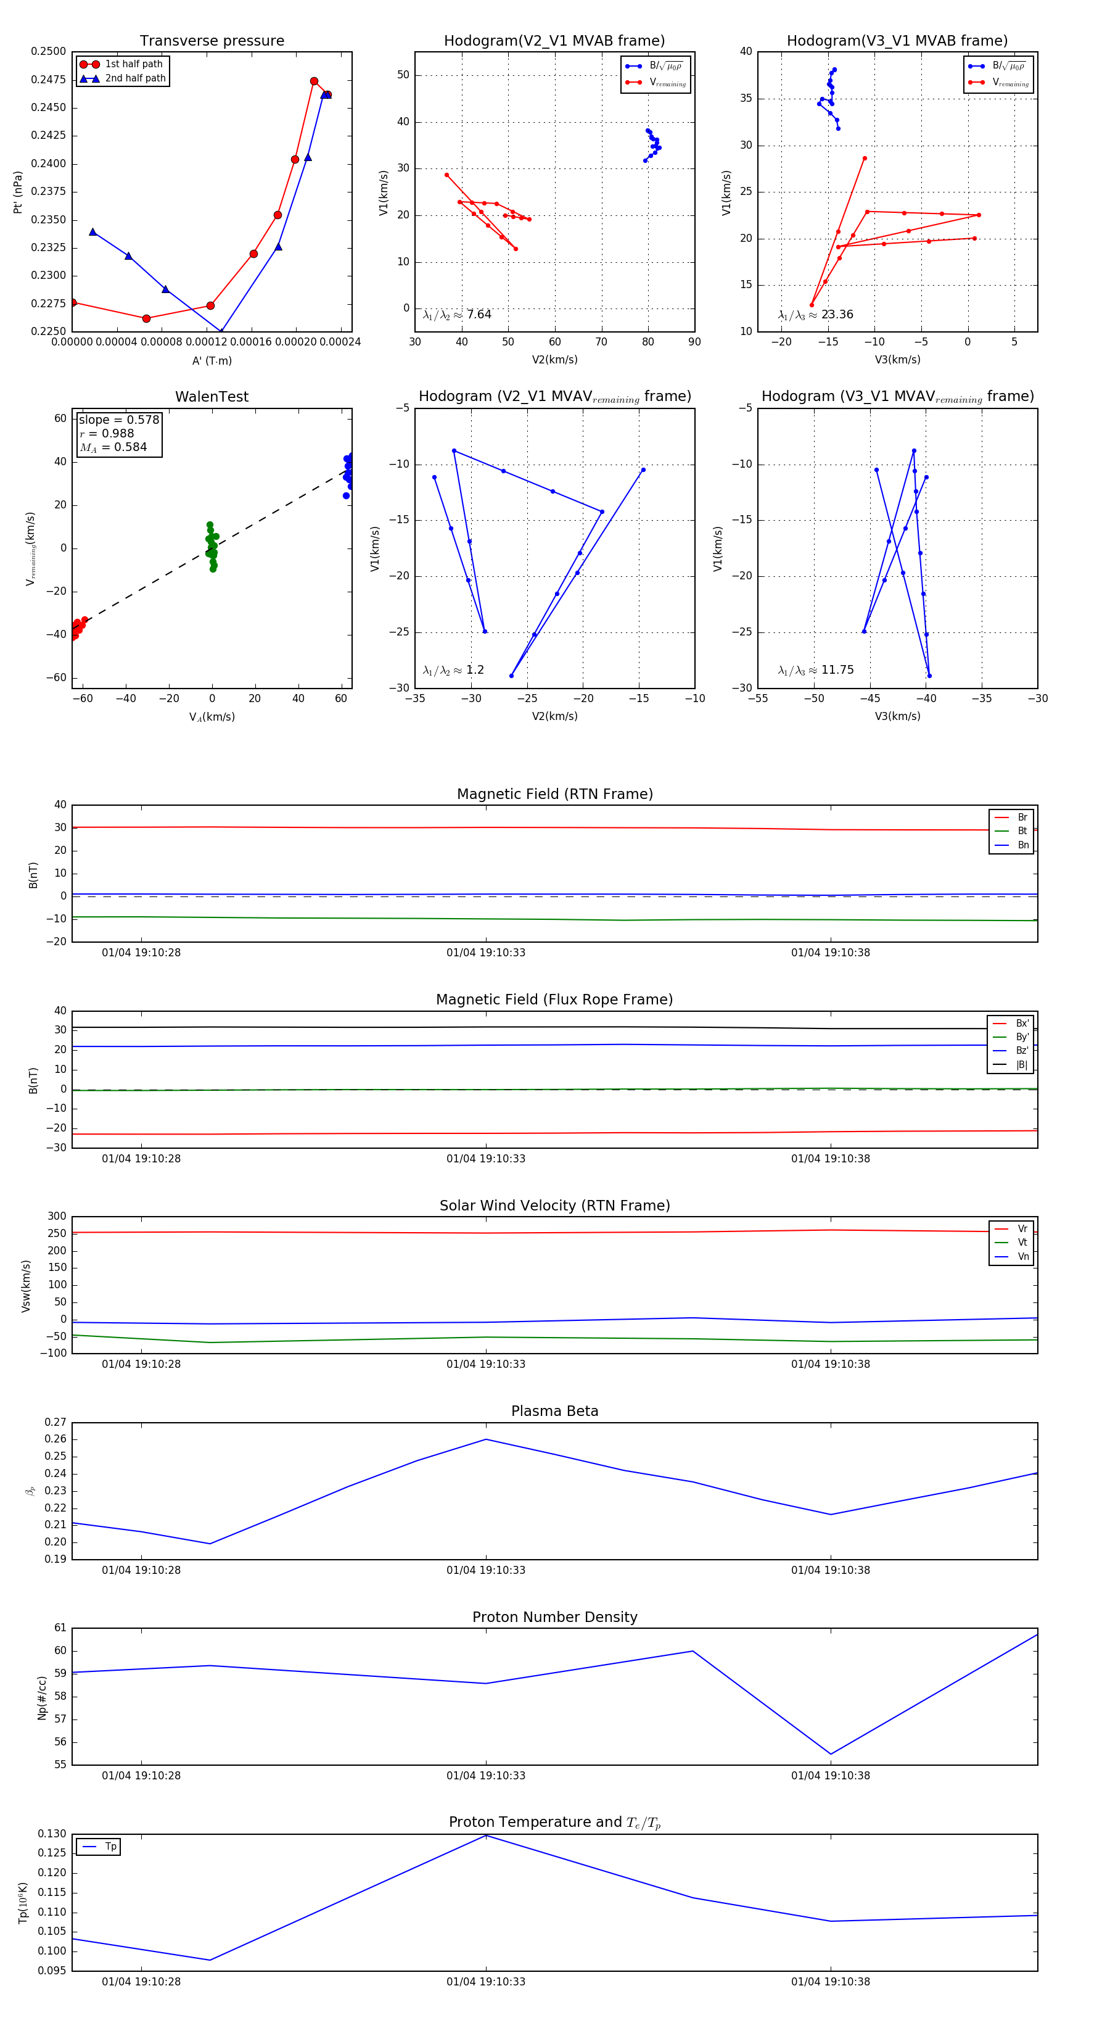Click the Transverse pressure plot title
[212, 41]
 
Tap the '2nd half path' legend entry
[135, 78]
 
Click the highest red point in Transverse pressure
[314, 81]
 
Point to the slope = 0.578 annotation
[118, 420]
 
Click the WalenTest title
[212, 397]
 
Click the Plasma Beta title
[554, 1411]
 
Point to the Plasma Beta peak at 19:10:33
[486, 1439]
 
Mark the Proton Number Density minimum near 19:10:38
[830, 1754]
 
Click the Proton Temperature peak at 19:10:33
[486, 1835]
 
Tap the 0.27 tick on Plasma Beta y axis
[55, 1422]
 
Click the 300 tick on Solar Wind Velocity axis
[57, 1217]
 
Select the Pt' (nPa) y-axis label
[17, 192]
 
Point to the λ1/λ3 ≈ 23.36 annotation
[815, 315]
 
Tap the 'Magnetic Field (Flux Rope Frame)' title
[554, 1000]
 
